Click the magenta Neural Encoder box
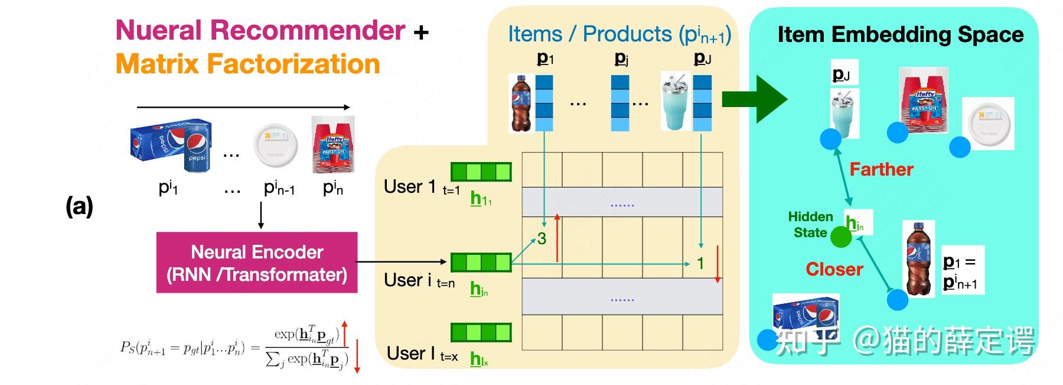point(257,263)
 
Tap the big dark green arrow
point(755,99)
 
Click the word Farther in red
point(881,170)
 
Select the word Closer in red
point(834,270)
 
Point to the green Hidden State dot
point(841,237)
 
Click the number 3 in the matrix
point(542,239)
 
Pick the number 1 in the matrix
point(700,263)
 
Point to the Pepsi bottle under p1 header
point(521,103)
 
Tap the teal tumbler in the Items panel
point(675,102)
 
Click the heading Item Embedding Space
point(900,34)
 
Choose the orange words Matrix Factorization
point(247,64)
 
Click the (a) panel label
point(79,206)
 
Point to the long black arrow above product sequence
point(243,107)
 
